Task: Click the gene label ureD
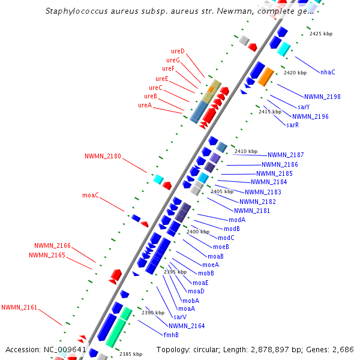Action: [178, 51]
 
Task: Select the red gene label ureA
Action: [145, 105]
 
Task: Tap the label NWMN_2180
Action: [103, 156]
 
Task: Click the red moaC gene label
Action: [91, 195]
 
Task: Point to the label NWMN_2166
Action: [52, 245]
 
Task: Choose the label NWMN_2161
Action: [19, 307]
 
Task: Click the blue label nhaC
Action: [328, 72]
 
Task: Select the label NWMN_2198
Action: [322, 97]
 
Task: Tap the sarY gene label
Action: [304, 107]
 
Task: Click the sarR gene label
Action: [292, 125]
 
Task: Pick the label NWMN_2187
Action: [286, 155]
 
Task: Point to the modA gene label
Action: [237, 220]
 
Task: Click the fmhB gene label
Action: [171, 335]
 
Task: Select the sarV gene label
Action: [180, 317]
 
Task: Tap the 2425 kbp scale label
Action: [320, 34]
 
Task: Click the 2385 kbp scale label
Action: [131, 354]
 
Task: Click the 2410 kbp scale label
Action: [245, 151]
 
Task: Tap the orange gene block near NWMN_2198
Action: [266, 76]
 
